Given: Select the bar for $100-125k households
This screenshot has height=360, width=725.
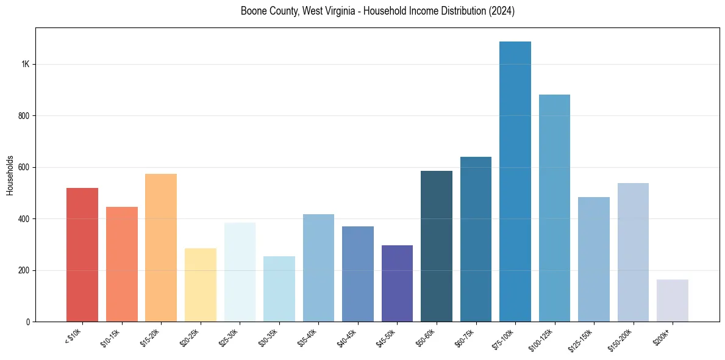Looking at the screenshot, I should [554, 208].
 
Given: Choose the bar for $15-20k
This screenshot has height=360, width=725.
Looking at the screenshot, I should [161, 248].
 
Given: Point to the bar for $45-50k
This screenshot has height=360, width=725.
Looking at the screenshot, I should [397, 284].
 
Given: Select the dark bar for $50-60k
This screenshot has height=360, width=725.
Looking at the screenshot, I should [437, 247].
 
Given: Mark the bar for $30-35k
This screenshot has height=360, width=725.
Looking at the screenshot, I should [279, 289].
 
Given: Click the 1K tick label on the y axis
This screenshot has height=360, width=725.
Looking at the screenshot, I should [25, 65].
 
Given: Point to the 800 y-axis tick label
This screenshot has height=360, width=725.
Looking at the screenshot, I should [24, 116].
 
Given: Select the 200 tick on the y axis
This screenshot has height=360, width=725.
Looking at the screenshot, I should [24, 270].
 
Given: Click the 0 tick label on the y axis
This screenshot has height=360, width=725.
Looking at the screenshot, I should [28, 322].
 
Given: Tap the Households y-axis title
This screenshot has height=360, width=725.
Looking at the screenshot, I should [10, 175].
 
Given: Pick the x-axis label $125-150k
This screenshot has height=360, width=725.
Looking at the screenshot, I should [581, 338].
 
